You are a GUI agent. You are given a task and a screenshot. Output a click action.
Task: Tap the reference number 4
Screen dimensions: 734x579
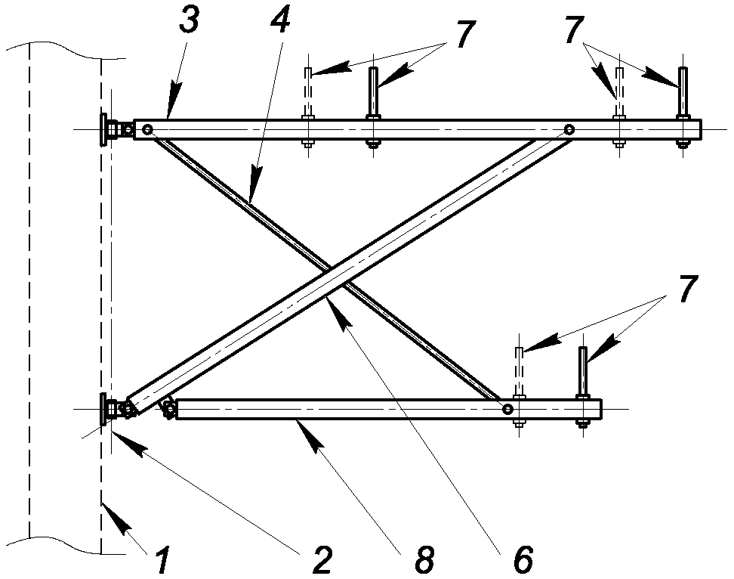[280, 19]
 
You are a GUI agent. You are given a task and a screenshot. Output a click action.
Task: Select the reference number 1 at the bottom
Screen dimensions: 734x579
[162, 560]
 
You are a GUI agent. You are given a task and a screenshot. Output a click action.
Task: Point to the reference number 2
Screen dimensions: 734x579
[322, 560]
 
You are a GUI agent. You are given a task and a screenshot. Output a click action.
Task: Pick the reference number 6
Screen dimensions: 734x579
[523, 560]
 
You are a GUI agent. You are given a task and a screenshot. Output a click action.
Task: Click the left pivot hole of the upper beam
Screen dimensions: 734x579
[148, 129]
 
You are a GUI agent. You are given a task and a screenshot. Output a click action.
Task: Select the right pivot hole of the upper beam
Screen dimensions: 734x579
[569, 129]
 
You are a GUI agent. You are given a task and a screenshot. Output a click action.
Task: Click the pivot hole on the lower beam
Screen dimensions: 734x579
[507, 410]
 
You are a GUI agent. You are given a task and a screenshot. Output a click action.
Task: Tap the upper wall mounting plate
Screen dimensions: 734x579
[103, 129]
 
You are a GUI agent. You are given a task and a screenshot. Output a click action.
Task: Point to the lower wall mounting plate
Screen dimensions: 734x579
[103, 410]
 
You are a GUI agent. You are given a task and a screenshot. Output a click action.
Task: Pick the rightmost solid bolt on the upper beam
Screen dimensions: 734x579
[683, 107]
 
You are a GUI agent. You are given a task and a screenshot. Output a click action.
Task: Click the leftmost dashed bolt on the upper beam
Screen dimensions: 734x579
[307, 107]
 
